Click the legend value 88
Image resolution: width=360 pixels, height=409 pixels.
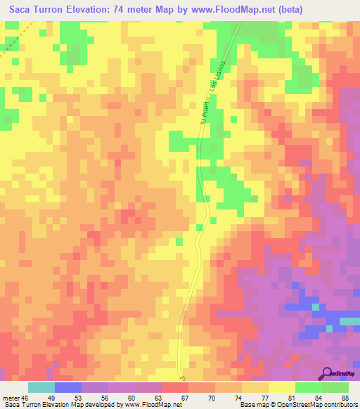click(343, 398)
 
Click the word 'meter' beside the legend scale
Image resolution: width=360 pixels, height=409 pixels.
click(11, 398)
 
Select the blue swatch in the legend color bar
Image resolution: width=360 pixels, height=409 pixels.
click(67, 387)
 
